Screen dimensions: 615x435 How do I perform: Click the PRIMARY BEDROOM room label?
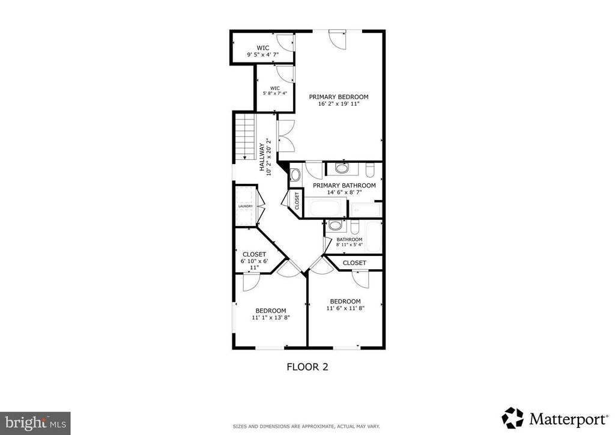tap(339, 97)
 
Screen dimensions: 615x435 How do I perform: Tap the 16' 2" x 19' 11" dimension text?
tap(339, 105)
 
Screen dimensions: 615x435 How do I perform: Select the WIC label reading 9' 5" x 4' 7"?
tap(263, 52)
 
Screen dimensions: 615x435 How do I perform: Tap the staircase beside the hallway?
tap(245, 136)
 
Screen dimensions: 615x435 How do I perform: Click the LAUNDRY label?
tap(246, 206)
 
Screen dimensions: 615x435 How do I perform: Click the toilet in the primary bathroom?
tap(371, 170)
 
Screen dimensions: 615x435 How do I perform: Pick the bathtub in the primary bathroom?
tap(327, 207)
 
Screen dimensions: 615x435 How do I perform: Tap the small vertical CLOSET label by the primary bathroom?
tap(297, 201)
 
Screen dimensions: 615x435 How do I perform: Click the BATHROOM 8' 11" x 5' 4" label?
tap(349, 242)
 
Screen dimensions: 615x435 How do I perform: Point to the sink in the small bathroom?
tap(335, 225)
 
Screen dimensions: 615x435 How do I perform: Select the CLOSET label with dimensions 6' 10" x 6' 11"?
tap(254, 261)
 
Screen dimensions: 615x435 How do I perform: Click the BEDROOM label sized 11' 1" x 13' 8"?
tap(271, 314)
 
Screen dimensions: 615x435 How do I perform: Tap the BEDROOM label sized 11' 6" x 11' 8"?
tap(345, 305)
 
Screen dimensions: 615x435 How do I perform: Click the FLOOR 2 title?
tap(307, 367)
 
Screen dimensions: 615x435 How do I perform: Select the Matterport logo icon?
tap(513, 418)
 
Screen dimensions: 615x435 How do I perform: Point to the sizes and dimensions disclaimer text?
tap(306, 427)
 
